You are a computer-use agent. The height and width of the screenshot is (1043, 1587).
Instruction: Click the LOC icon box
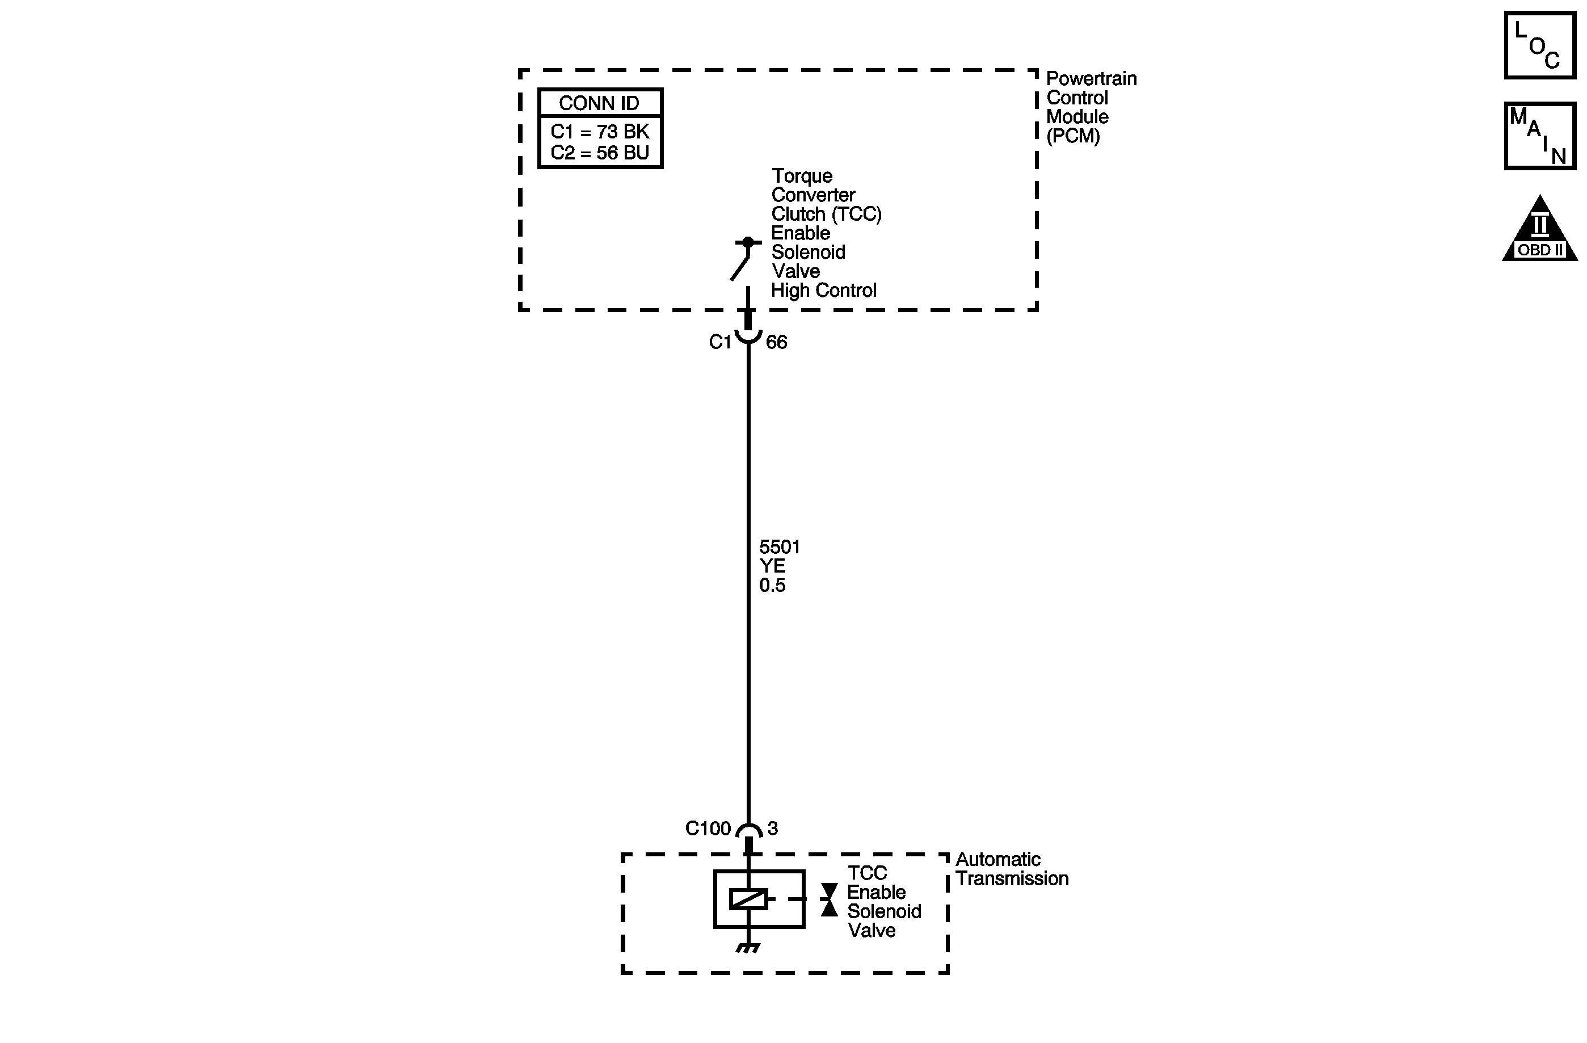(1540, 45)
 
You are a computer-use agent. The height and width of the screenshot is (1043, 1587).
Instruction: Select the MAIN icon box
(1540, 136)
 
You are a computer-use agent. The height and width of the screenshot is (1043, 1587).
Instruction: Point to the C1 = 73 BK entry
(600, 132)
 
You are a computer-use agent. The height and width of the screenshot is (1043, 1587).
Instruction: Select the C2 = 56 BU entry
(600, 153)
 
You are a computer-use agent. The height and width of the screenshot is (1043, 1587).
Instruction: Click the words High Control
(823, 291)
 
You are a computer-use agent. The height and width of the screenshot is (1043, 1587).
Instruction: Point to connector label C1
(720, 342)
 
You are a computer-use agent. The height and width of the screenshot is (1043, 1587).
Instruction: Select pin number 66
(776, 342)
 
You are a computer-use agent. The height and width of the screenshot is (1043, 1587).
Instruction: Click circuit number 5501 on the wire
(780, 547)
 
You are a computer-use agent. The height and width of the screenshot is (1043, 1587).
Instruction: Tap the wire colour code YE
(772, 566)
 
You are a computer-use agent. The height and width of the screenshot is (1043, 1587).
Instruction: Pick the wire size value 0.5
(772, 586)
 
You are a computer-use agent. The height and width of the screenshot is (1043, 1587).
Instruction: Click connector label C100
(708, 828)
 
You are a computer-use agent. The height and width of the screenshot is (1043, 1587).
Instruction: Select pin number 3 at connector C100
(773, 828)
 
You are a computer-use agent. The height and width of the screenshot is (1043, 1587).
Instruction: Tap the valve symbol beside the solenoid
(829, 899)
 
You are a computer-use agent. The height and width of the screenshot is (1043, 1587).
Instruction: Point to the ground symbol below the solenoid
(748, 948)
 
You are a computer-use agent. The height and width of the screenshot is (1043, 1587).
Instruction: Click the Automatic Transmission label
(1012, 869)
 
